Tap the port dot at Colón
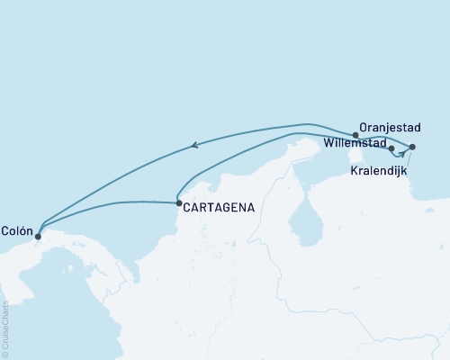point(38,237)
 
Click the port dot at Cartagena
point(179,203)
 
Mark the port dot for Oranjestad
point(356,136)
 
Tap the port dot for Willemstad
point(391,148)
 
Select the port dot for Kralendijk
point(412,147)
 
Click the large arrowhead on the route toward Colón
point(193,144)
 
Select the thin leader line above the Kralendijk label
point(410,159)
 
